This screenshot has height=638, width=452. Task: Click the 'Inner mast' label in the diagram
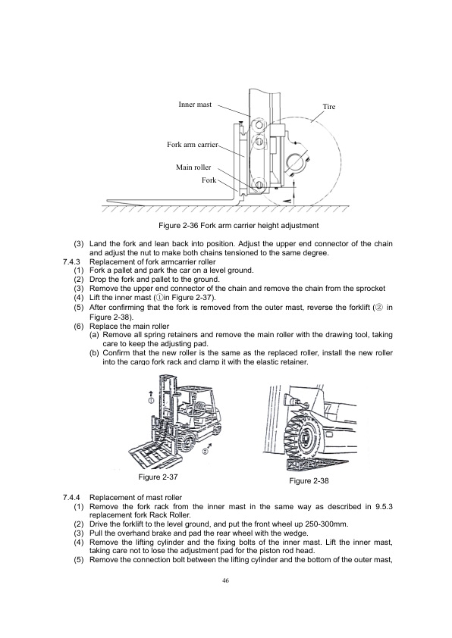click(195, 104)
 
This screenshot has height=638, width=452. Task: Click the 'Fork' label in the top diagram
click(209, 180)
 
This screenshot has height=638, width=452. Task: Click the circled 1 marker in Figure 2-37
click(152, 399)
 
